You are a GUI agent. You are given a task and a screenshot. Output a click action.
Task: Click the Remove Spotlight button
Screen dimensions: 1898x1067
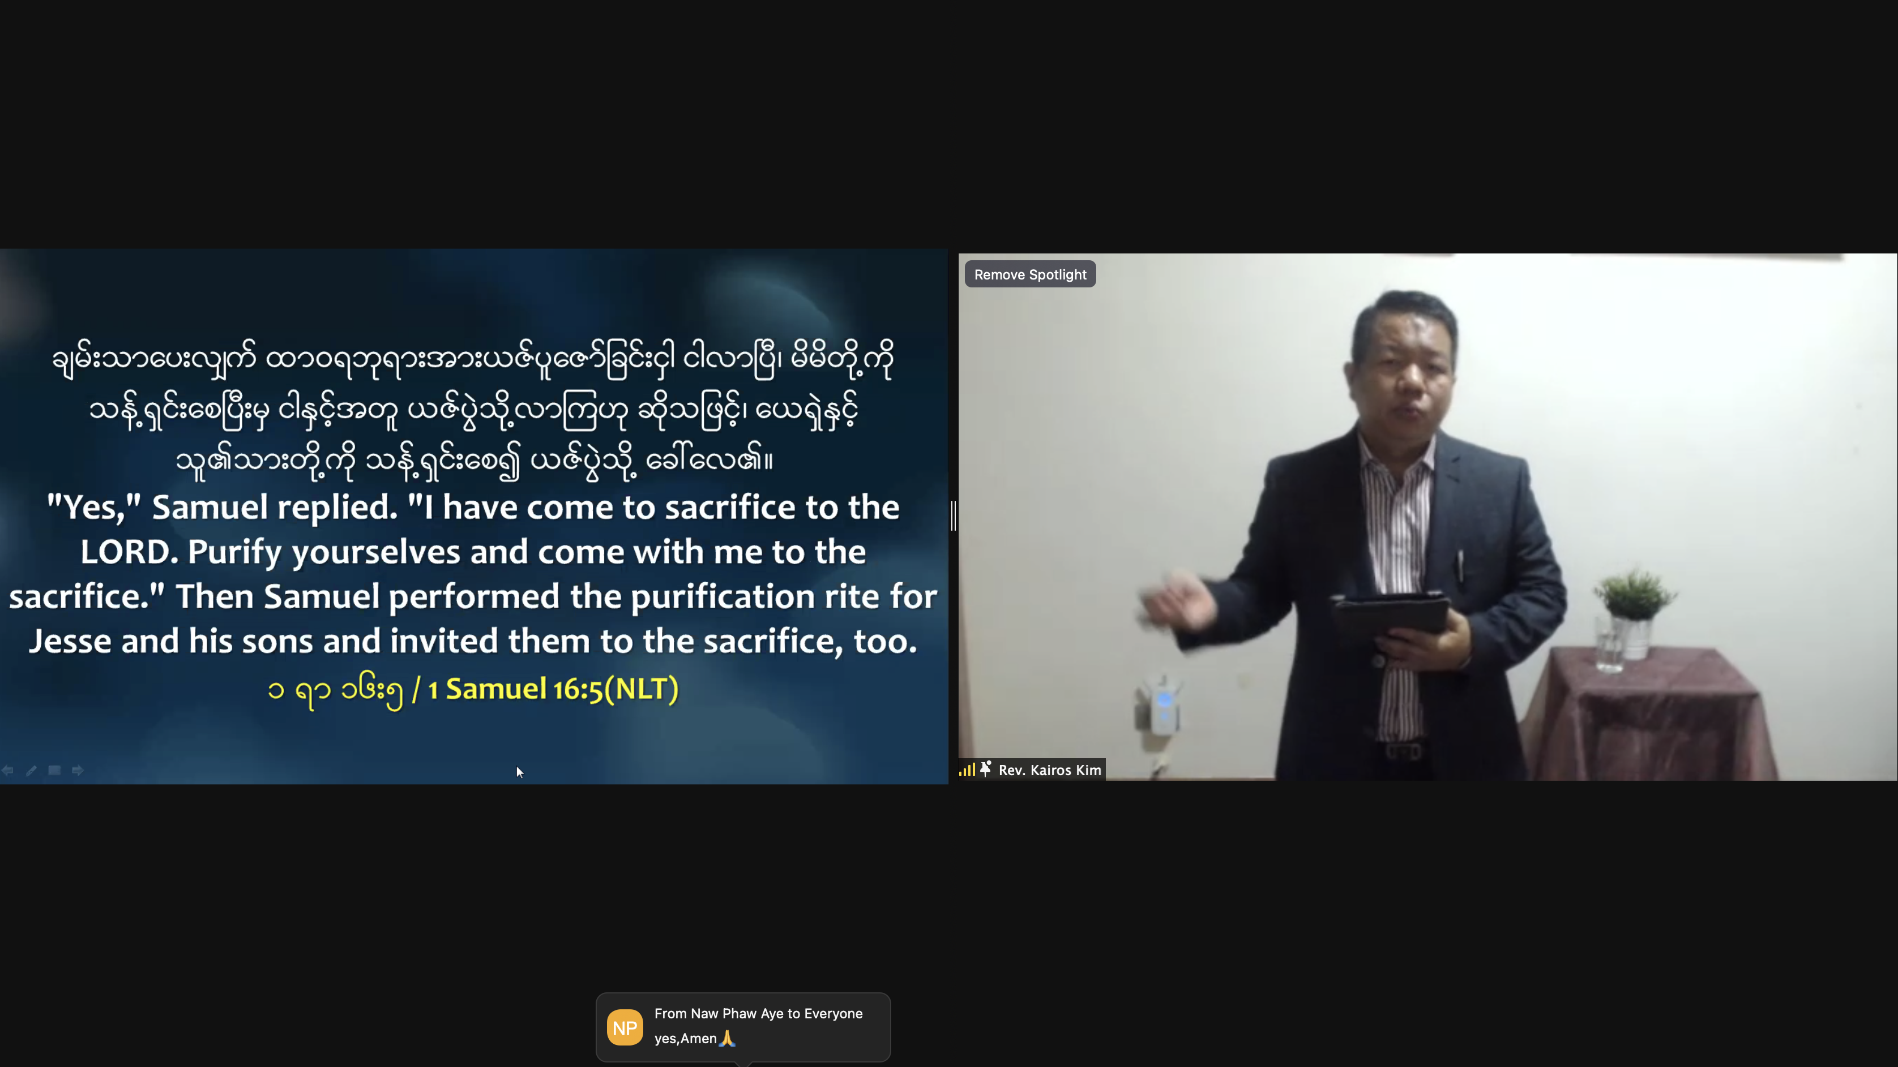pos(1030,274)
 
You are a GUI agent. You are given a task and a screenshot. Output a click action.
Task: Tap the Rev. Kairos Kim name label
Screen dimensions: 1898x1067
pos(1049,769)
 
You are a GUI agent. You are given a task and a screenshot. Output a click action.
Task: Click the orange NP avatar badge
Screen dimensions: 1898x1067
pos(625,1027)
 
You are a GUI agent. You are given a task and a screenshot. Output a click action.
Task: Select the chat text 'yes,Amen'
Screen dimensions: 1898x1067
pos(685,1038)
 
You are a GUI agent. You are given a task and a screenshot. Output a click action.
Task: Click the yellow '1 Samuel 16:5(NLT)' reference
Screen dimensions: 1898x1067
pos(553,689)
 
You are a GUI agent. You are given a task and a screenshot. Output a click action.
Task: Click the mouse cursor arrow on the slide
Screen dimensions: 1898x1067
pos(519,772)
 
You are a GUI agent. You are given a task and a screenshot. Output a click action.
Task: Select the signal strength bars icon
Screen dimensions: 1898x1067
pos(967,769)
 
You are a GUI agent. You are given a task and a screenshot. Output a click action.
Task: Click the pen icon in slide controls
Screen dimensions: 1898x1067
pos(31,770)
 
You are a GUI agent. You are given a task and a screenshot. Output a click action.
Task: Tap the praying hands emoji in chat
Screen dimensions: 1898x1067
pos(727,1038)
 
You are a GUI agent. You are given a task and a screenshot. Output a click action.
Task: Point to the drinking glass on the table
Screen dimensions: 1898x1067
pos(1609,644)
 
